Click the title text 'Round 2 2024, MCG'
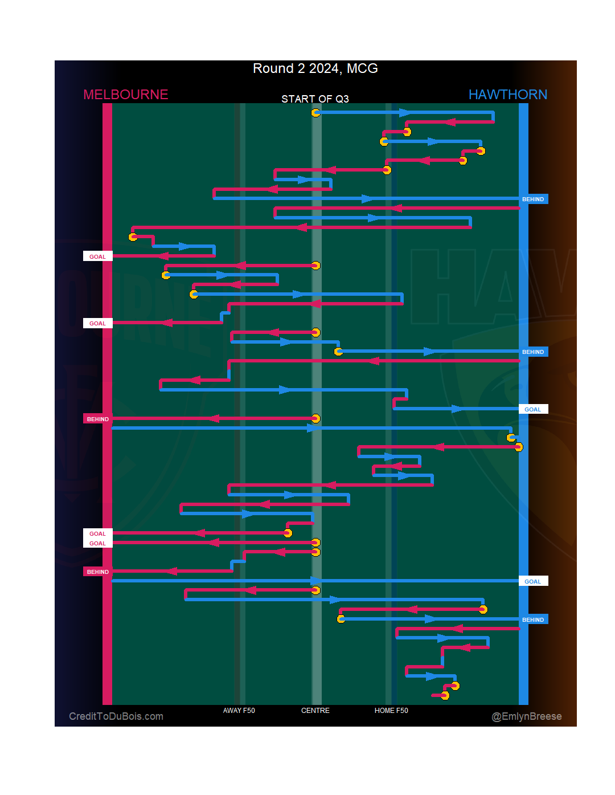pyautogui.click(x=315, y=68)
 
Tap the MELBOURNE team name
pyautogui.click(x=126, y=95)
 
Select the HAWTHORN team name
pyautogui.click(x=507, y=95)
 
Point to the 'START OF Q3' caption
pyautogui.click(x=315, y=99)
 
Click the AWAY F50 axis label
pyautogui.click(x=239, y=711)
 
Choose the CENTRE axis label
pyautogui.click(x=315, y=711)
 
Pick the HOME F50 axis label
pyautogui.click(x=391, y=711)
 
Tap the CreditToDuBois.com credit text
pyautogui.click(x=116, y=716)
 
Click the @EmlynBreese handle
pyautogui.click(x=526, y=716)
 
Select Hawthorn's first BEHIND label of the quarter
pyautogui.click(x=533, y=199)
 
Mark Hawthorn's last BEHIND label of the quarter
pyautogui.click(x=533, y=620)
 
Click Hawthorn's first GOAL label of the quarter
pyautogui.click(x=533, y=410)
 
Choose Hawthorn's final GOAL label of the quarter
pyautogui.click(x=533, y=582)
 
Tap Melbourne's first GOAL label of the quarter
pyautogui.click(x=97, y=257)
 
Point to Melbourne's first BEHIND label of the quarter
pyautogui.click(x=97, y=419)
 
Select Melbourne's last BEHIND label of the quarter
pyautogui.click(x=97, y=572)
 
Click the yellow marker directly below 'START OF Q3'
pyautogui.click(x=315, y=113)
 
